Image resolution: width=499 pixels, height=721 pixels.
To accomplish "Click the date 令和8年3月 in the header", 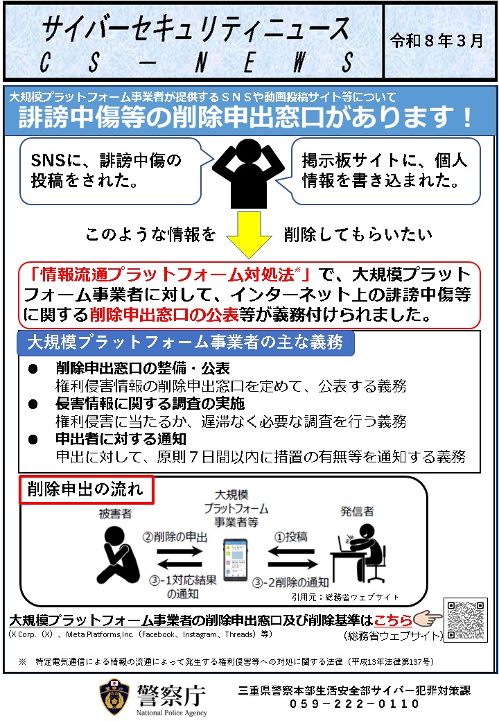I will pos(437,40).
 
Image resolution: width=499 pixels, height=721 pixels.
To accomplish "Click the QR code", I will pos(466,619).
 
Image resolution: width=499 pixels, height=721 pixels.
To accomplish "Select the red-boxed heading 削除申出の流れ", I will pos(86,489).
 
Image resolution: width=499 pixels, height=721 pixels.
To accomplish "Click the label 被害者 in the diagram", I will pos(114,513).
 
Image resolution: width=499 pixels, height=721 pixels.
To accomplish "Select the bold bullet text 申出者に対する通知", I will pos(121,439).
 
